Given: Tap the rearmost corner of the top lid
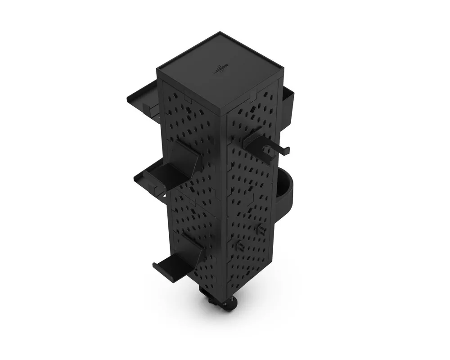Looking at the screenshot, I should point(220,32).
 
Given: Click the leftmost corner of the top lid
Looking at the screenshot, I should point(157,69).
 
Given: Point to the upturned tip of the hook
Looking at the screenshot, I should point(288,150).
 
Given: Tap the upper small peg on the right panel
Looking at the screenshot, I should point(260,229).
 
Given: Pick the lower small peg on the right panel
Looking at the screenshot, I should point(239,246).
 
